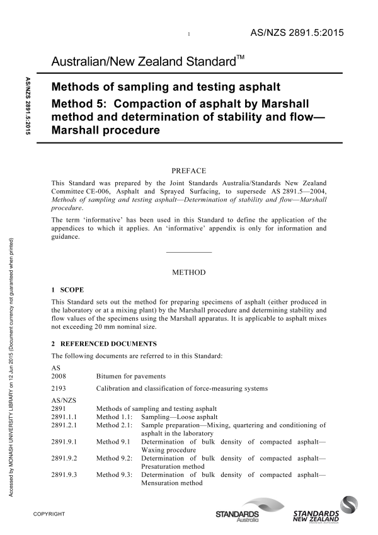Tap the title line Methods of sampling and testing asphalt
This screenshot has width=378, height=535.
166,86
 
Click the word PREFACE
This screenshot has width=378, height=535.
189,170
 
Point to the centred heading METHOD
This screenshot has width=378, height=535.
189,273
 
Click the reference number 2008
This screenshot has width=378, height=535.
59,376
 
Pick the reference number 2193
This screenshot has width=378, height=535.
59,388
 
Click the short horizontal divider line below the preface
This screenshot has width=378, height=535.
188,252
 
